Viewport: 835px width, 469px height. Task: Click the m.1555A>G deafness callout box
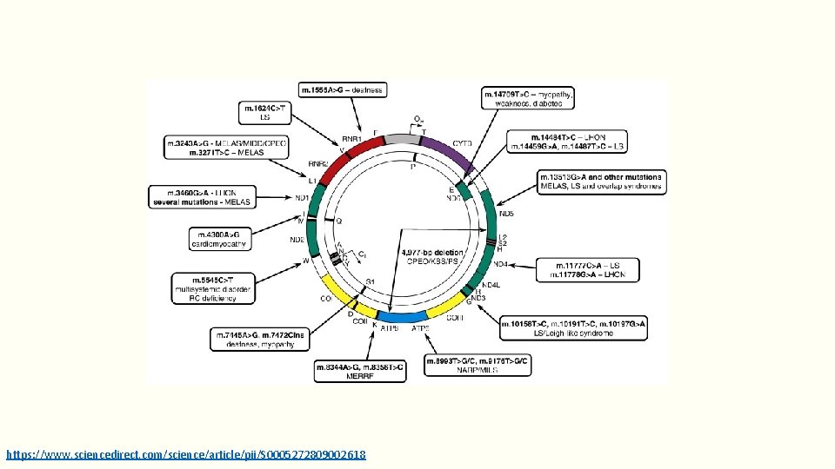(342, 90)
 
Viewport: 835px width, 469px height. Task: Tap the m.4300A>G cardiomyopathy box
(220, 239)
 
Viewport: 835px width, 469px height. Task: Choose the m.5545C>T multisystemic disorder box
(215, 288)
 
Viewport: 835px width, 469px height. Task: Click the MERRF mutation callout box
(359, 372)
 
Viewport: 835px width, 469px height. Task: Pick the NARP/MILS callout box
(478, 366)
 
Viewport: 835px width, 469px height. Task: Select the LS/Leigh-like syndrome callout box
(574, 328)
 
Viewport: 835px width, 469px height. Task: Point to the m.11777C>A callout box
(587, 269)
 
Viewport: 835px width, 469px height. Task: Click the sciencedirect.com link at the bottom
(186, 454)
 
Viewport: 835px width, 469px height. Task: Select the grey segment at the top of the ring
(401, 139)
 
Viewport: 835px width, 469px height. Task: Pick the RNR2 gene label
(317, 163)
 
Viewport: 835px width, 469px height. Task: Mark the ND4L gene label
(491, 284)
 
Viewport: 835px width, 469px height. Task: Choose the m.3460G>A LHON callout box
(202, 196)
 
